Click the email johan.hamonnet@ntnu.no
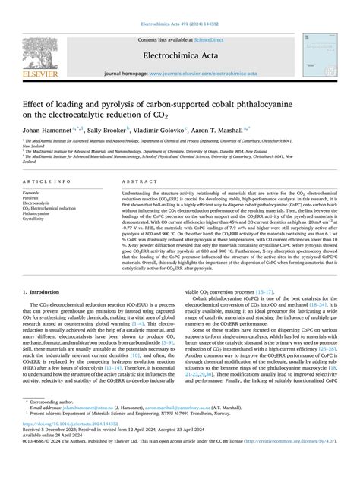[81, 435]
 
